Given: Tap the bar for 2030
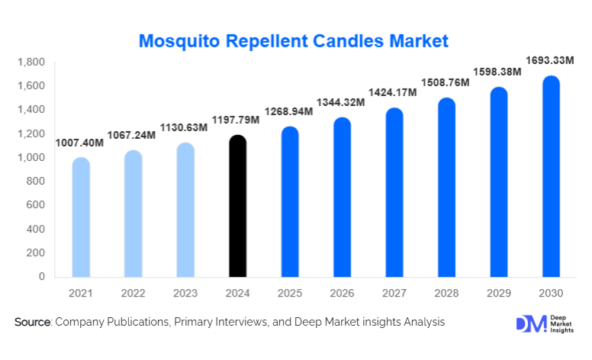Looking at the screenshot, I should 551,176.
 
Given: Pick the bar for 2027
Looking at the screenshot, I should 394,192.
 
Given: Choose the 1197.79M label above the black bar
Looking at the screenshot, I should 237,120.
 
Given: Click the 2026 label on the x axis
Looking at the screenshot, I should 342,293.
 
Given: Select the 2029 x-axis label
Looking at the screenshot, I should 498,293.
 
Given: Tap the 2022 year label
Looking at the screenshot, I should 133,293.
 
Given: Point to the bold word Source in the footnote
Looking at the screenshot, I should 32,323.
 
